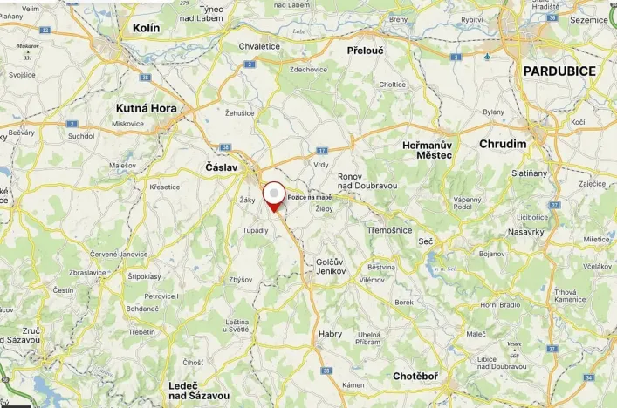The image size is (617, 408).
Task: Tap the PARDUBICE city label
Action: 559,71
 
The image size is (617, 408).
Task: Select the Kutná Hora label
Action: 146,109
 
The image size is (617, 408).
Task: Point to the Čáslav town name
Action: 221,167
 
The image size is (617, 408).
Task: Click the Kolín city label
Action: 146,28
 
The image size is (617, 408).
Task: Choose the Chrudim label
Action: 503,144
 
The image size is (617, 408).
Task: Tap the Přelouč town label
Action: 365,51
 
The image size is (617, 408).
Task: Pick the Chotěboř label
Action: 415,377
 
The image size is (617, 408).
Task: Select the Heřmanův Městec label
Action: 427,149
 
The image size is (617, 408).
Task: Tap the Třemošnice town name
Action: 389,229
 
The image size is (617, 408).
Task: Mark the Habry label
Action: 330,334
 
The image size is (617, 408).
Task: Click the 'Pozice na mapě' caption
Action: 310,197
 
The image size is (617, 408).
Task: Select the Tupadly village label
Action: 256,230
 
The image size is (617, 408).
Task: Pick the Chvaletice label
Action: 259,46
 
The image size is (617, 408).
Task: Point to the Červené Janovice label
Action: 119,254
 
